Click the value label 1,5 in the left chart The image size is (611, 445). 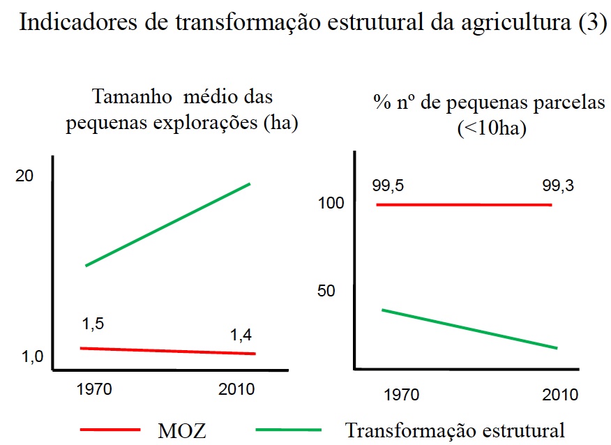[93, 324]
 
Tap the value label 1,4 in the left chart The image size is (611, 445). [241, 335]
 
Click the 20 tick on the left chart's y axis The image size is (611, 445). [24, 177]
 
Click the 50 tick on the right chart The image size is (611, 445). [326, 291]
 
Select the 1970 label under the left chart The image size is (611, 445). [93, 389]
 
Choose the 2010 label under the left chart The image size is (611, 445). [237, 389]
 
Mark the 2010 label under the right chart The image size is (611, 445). [560, 395]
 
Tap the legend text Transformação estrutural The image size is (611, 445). [455, 428]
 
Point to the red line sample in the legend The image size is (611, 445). [110, 429]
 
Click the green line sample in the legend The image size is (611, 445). [289, 429]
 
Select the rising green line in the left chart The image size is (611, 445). [167, 225]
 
